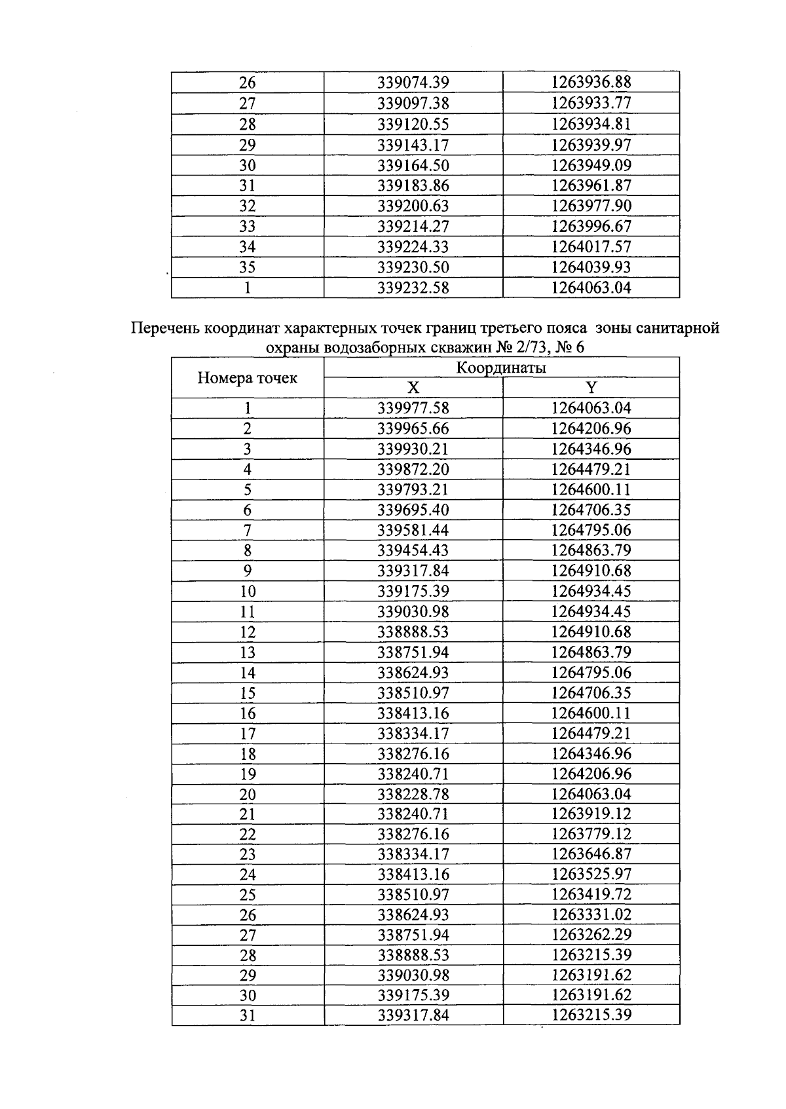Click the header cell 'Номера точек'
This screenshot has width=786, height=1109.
248,378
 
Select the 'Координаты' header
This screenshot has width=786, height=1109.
501,367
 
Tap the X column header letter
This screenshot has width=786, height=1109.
413,388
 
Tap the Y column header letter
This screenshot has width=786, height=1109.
591,388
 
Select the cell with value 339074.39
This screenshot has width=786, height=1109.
413,83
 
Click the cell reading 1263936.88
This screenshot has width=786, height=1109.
591,83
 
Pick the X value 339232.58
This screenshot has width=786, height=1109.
413,288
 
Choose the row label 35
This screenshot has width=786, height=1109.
248,267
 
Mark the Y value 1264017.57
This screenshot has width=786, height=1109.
591,247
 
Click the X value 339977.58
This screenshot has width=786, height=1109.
413,408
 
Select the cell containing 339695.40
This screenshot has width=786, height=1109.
413,510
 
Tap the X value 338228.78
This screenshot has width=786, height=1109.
413,794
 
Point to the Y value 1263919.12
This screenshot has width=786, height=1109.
591,814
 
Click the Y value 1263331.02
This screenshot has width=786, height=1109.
591,914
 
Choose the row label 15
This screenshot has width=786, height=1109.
248,693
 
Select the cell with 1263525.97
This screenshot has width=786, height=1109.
591,874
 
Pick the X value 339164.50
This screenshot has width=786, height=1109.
413,165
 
